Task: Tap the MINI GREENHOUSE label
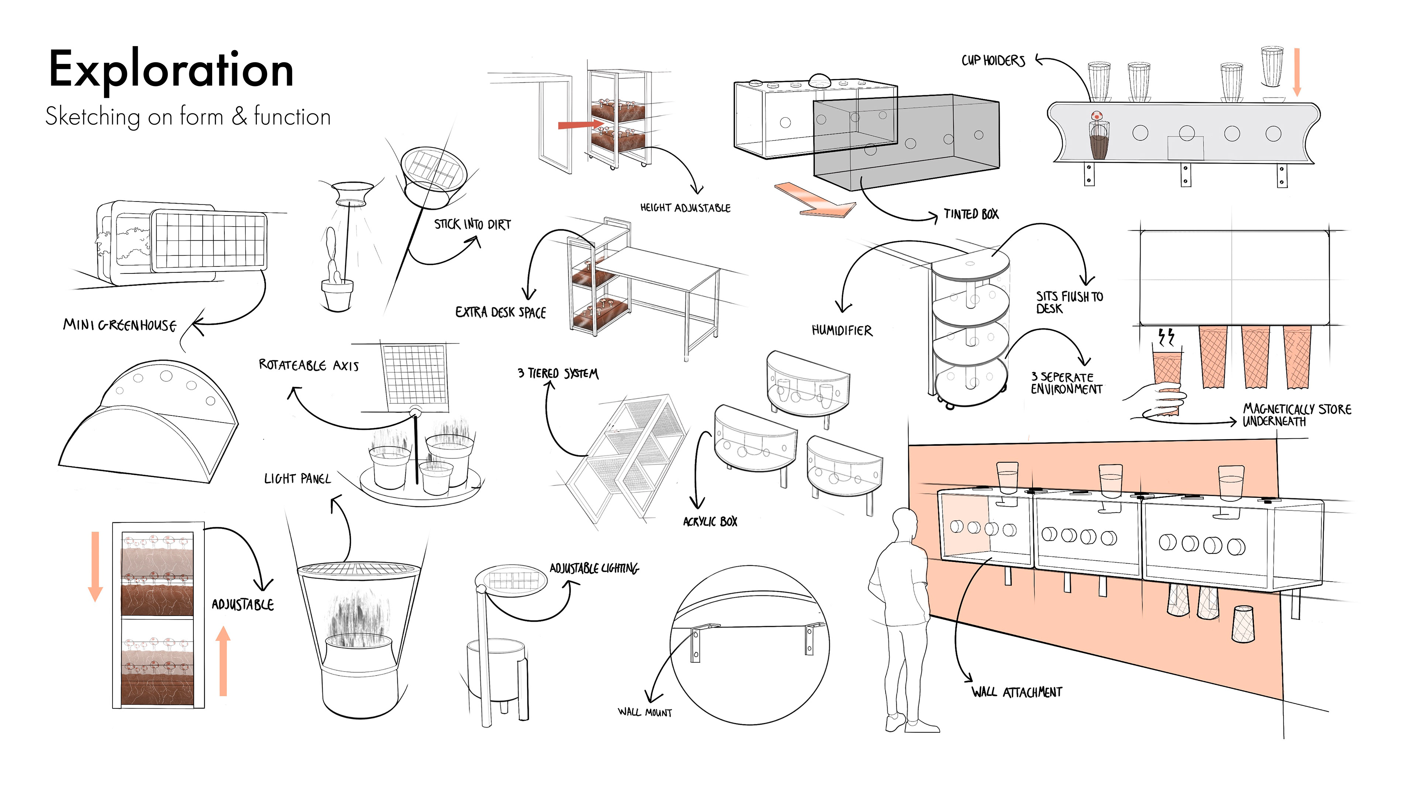click(119, 325)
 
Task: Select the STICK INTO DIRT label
click(472, 224)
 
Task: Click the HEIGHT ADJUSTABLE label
click(685, 208)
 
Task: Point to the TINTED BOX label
click(971, 214)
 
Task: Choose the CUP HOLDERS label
click(993, 61)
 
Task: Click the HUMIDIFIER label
click(842, 330)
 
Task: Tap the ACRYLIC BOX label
click(710, 521)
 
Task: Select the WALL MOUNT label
click(645, 712)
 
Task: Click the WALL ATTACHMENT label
click(1017, 692)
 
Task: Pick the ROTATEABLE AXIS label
click(308, 365)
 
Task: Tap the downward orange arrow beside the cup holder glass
click(1297, 72)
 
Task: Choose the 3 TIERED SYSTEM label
click(558, 373)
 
